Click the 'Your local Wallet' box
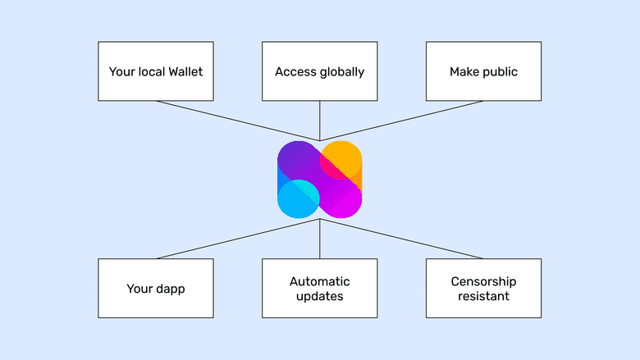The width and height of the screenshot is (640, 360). pyautogui.click(x=156, y=71)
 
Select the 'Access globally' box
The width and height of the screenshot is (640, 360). pyautogui.click(x=320, y=71)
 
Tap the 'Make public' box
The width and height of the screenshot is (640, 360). pyautogui.click(x=483, y=71)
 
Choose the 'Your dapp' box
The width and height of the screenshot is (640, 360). pyautogui.click(x=156, y=289)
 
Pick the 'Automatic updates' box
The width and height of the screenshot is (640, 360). pyautogui.click(x=320, y=289)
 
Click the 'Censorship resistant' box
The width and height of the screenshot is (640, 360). pyautogui.click(x=483, y=289)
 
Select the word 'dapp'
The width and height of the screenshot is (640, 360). pyautogui.click(x=170, y=289)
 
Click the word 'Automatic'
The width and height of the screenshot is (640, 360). pyautogui.click(x=320, y=281)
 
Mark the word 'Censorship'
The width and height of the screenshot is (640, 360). pyautogui.click(x=484, y=281)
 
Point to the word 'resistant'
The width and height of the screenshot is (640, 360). pyautogui.click(x=484, y=296)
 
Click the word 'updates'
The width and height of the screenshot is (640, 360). pyautogui.click(x=320, y=296)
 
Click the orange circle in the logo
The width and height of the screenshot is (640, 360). pyautogui.click(x=345, y=158)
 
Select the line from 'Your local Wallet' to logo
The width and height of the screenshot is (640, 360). pyautogui.click(x=238, y=121)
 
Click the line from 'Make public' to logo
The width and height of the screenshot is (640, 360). pyautogui.click(x=402, y=121)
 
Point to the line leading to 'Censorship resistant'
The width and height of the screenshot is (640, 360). pyautogui.click(x=402, y=239)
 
